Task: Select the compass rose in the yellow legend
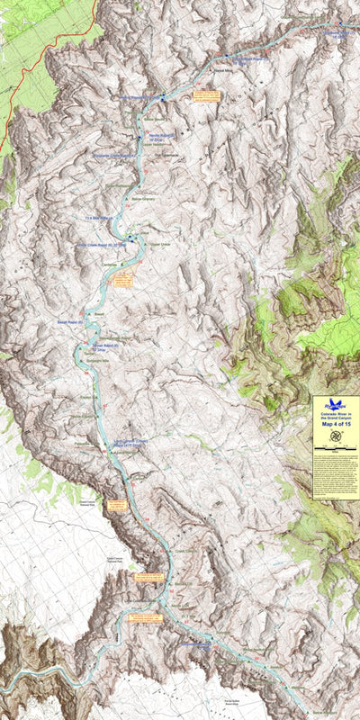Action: [336, 436]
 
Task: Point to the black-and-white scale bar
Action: [336, 447]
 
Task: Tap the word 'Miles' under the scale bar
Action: [336, 452]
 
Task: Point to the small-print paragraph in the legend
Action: [336, 477]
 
